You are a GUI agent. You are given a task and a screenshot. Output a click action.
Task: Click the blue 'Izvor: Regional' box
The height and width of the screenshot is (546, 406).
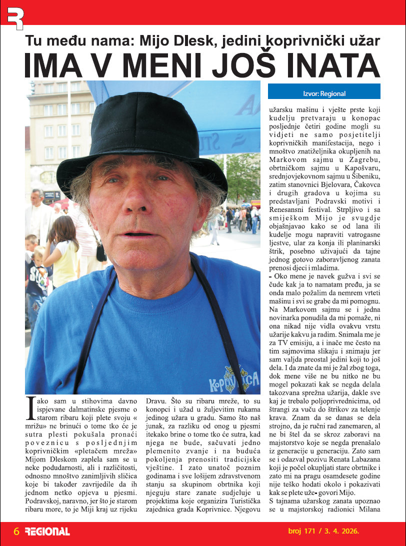[324, 93]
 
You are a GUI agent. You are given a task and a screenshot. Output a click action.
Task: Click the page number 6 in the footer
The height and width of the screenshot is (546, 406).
[16, 531]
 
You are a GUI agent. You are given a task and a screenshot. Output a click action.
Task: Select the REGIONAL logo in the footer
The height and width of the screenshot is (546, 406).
[47, 531]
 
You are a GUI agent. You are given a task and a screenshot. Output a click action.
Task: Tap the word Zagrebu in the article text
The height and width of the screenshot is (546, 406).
[363, 159]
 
